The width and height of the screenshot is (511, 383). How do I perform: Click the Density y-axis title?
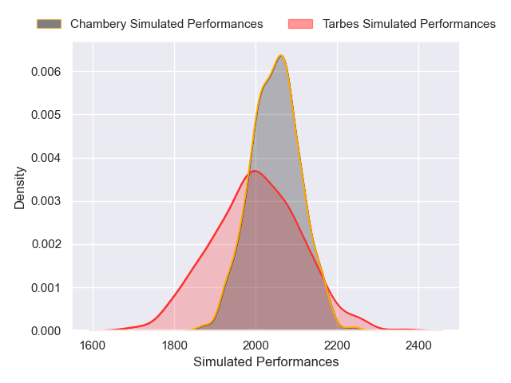click(20, 192)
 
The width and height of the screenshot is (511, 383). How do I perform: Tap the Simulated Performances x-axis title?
click(266, 362)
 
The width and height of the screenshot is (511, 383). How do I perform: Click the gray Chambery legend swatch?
click(49, 24)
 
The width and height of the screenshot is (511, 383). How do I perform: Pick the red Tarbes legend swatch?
click(301, 24)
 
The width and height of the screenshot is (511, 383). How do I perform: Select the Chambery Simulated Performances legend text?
click(166, 24)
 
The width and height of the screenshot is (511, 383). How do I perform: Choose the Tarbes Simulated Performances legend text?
click(409, 24)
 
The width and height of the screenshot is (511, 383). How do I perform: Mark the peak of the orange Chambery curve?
click(281, 55)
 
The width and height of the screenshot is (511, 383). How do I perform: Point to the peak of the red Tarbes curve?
click(254, 171)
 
